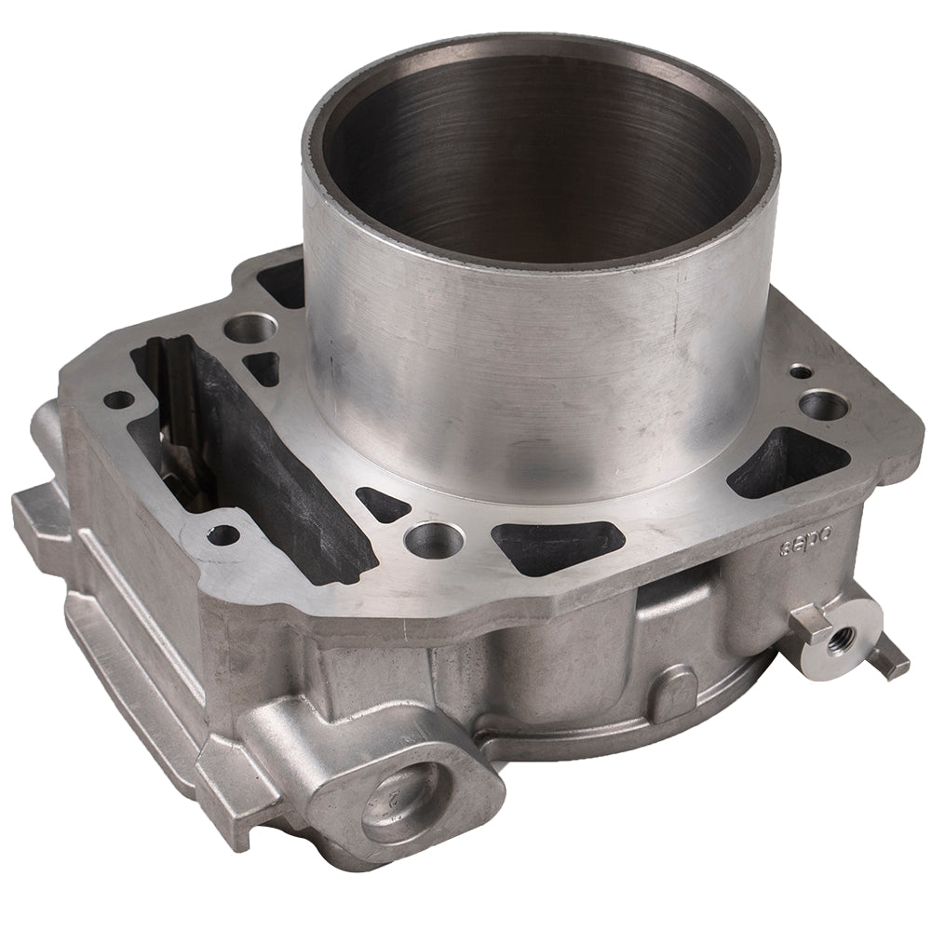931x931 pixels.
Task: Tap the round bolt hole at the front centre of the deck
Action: tap(430, 536)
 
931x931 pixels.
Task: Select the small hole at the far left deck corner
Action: tap(120, 400)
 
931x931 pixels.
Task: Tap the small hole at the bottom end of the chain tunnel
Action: tap(223, 535)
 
